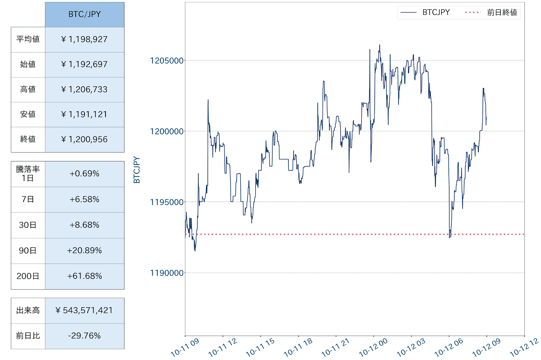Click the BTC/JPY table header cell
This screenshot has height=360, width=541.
[x=85, y=14]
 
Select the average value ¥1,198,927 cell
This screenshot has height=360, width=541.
[x=85, y=39]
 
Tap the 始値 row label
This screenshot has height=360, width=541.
[x=28, y=64]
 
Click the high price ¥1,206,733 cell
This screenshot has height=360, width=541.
[x=85, y=89]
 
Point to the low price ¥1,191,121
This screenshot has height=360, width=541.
[x=85, y=114]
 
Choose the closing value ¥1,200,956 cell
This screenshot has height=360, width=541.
[x=85, y=139]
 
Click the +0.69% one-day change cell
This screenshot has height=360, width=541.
[x=85, y=174]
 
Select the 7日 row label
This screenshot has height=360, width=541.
[x=28, y=199]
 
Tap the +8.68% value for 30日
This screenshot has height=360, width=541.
[x=85, y=225]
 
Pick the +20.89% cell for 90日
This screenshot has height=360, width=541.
[x=85, y=250]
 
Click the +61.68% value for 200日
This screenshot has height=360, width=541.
[x=85, y=276]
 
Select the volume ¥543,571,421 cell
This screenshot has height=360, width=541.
[x=85, y=310]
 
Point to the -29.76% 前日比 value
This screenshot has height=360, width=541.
[x=85, y=336]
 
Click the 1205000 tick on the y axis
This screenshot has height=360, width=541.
[x=167, y=61]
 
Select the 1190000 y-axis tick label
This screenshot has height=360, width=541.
[x=167, y=273]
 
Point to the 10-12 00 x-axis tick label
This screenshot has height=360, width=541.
[x=373, y=347]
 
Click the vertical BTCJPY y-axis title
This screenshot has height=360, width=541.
[x=137, y=170]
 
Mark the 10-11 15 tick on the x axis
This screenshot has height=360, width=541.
[x=260, y=347]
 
